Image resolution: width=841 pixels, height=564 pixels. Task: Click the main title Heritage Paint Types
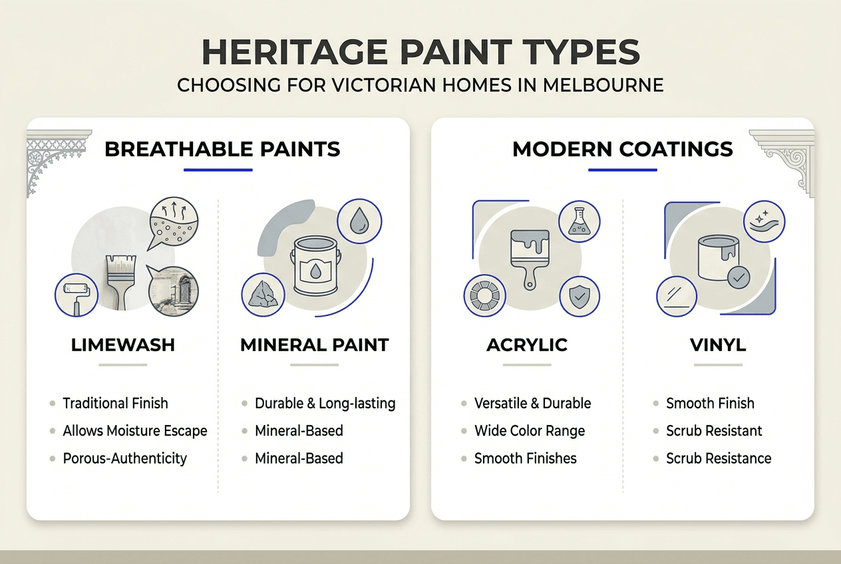[420, 52]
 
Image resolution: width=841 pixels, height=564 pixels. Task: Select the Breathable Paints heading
[222, 149]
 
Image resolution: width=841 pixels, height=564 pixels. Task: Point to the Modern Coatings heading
[623, 149]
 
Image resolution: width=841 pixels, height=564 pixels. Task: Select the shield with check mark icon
[579, 297]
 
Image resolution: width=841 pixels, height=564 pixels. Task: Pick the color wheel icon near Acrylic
[484, 296]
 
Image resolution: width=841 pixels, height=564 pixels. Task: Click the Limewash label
[123, 345]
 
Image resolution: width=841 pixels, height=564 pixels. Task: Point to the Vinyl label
[718, 345]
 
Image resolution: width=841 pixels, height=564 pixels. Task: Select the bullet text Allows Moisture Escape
[135, 431]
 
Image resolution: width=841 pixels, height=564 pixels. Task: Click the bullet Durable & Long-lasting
[325, 403]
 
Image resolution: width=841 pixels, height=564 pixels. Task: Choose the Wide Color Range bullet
[530, 431]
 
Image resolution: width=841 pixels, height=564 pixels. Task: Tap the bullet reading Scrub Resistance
[719, 458]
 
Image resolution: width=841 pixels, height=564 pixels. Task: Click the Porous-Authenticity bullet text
[125, 458]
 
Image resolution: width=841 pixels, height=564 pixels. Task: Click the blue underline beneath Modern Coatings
[623, 170]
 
